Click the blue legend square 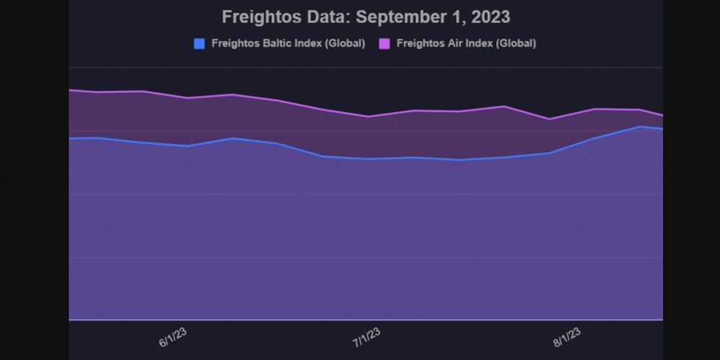[199, 43]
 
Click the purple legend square [384, 43]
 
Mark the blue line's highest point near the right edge [639, 127]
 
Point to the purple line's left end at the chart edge [70, 90]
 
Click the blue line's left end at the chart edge [70, 138]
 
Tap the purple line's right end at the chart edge [662, 115]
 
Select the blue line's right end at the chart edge [662, 129]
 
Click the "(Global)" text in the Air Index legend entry [517, 43]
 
